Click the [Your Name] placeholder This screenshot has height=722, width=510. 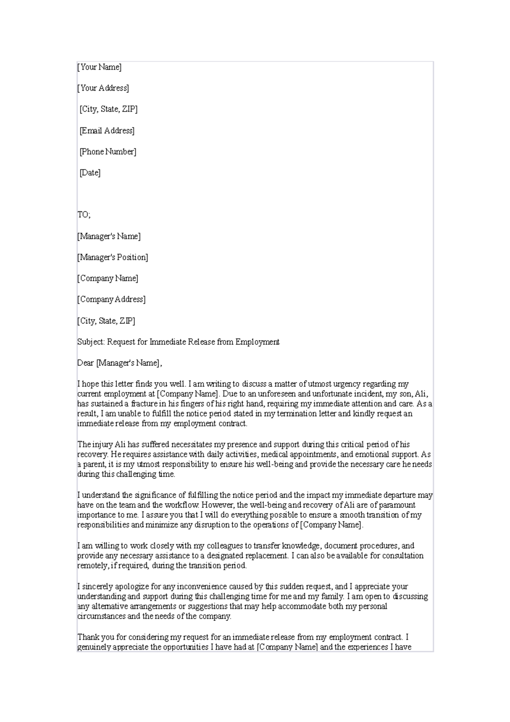coord(99,67)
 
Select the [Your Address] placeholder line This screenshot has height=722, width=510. coord(103,88)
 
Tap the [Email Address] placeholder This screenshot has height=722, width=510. coord(107,131)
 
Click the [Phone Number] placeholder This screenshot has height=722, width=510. coord(108,152)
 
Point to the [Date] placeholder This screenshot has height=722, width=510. coord(90,173)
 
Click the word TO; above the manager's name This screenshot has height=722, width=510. coord(84,215)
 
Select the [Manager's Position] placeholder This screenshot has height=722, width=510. coord(113,257)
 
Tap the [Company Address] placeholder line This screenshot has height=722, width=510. coord(111,299)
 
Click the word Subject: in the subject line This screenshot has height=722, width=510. coord(91,342)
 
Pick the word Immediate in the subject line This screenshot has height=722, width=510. coord(168,342)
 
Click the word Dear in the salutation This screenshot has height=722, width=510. coord(85,363)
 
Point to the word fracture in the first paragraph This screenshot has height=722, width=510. coord(144,404)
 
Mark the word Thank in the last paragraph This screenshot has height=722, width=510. coord(87,637)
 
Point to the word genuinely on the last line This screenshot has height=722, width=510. coord(94,647)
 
